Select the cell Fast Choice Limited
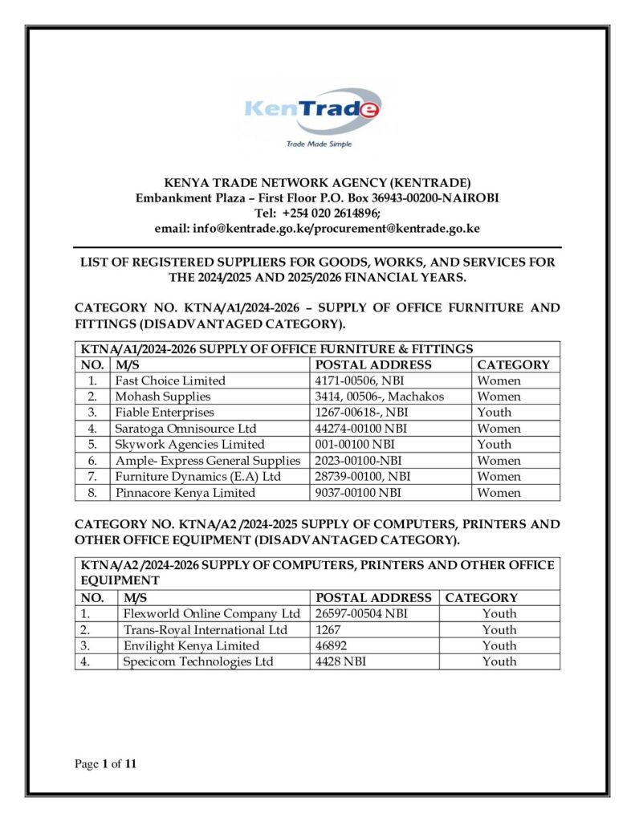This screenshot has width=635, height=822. click(x=170, y=380)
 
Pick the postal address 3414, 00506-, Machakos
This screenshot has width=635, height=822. click(x=380, y=397)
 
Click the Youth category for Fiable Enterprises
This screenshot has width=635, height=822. click(x=494, y=413)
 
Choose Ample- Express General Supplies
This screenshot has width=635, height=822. click(x=207, y=461)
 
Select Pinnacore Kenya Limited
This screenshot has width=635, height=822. click(x=185, y=493)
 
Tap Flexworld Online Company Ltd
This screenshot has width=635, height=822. click(x=211, y=614)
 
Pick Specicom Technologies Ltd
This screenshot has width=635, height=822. click(x=198, y=662)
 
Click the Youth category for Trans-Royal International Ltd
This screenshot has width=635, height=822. click(x=499, y=630)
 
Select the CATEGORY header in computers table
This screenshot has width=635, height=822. click(x=482, y=598)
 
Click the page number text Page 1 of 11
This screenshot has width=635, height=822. click(x=106, y=764)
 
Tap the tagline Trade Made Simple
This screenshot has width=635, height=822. click(x=319, y=144)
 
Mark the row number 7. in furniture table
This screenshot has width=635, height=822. click(x=94, y=477)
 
